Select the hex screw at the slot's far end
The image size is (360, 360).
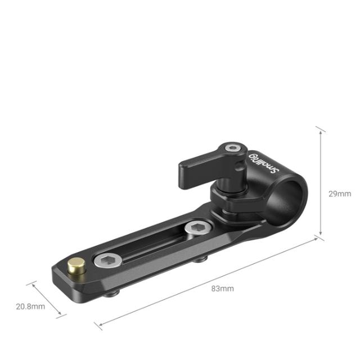pyautogui.click(x=197, y=228)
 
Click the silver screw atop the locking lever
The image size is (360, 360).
pyautogui.click(x=230, y=148)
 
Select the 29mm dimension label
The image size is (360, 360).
pyautogui.click(x=339, y=193)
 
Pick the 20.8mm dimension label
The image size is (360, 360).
pyautogui.click(x=30, y=306)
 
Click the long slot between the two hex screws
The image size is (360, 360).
pyautogui.click(x=152, y=244)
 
